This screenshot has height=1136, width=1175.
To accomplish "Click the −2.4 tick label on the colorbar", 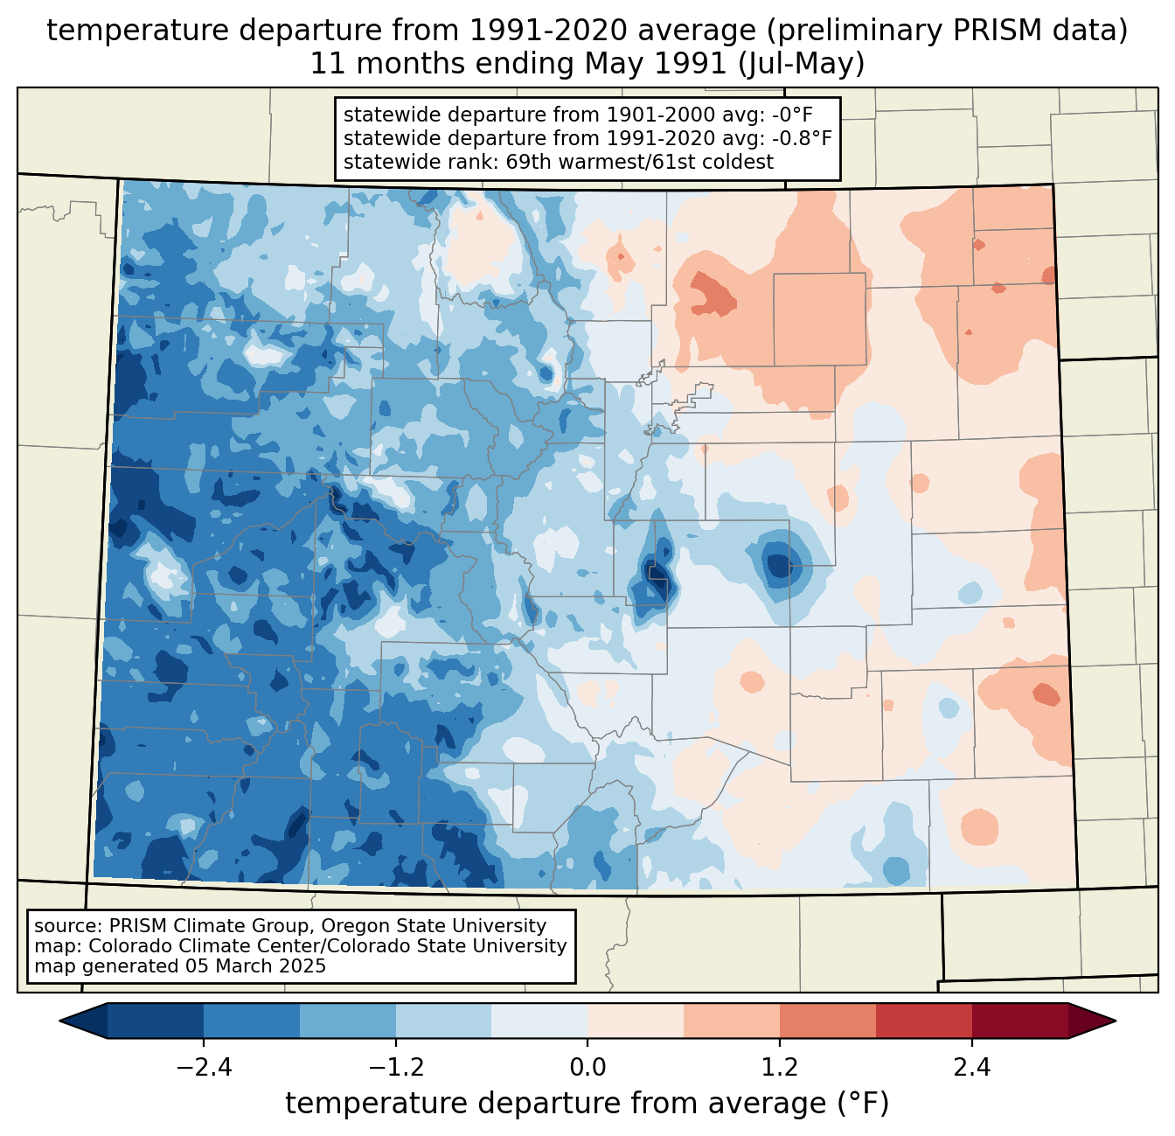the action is [204, 1069].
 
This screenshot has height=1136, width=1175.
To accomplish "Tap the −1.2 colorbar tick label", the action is [396, 1069].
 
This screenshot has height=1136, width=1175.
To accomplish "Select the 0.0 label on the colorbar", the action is [587, 1069].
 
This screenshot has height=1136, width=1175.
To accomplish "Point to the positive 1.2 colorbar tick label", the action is [780, 1069].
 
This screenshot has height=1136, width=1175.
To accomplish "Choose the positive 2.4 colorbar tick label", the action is [972, 1069].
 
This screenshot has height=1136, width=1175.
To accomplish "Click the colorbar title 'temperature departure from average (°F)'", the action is [587, 1104].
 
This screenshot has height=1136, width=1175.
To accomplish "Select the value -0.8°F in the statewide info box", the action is [802, 138].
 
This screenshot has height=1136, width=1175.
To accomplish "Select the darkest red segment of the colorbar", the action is [1020, 1021].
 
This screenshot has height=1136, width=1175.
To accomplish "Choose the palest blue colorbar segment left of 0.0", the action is [539, 1021].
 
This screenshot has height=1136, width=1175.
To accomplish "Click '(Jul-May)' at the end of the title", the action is [801, 64].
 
